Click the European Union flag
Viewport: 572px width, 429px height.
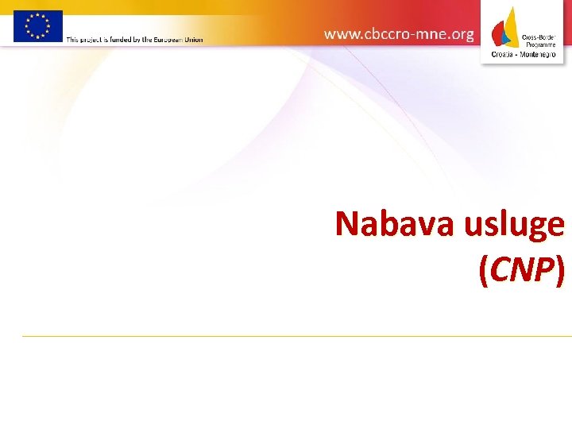[x=37, y=26]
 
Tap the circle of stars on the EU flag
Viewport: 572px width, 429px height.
[x=37, y=26]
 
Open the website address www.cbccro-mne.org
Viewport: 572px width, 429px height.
[x=399, y=34]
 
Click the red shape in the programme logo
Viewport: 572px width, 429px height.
[x=499, y=34]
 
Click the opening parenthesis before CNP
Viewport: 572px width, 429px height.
[x=484, y=272]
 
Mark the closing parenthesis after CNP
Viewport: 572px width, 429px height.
[x=560, y=272]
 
